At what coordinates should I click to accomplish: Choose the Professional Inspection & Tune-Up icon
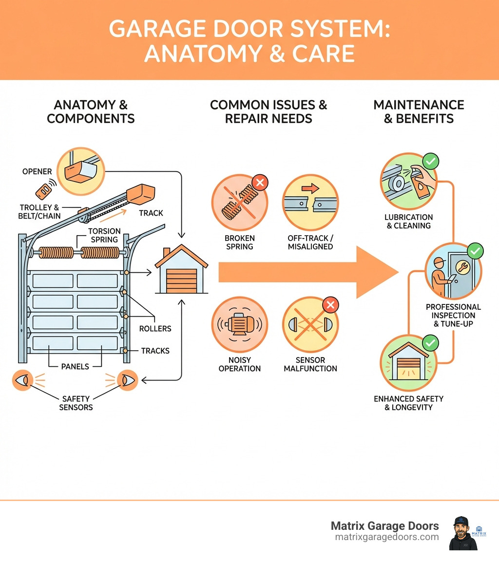click(453, 273)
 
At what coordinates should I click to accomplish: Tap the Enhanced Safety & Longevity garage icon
click(408, 363)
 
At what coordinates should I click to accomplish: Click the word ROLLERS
click(155, 328)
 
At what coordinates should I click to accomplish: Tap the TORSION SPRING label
click(104, 235)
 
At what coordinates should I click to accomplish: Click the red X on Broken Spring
click(259, 183)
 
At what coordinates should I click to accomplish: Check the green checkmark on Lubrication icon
click(430, 161)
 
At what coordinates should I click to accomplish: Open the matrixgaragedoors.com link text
click(387, 537)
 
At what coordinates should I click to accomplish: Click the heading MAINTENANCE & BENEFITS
click(419, 112)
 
